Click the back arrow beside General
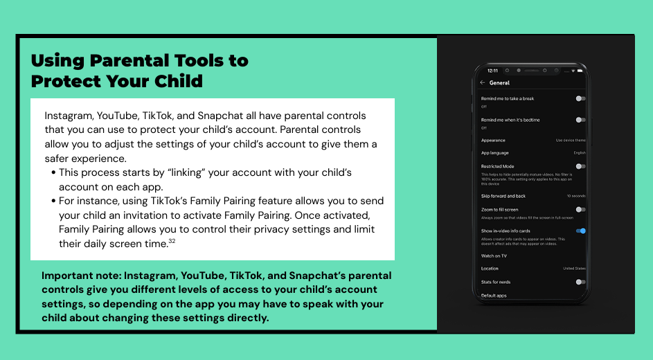tap(483, 83)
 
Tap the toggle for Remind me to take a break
tap(580, 98)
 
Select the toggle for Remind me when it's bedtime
tap(580, 120)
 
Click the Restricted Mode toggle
tap(580, 166)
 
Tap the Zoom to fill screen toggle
tap(580, 209)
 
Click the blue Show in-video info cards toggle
tap(581, 231)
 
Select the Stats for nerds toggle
tap(580, 282)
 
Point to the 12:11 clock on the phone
tap(492, 71)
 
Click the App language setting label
tap(495, 152)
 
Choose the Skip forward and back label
tap(503, 196)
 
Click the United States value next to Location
tap(575, 269)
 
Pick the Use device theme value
tap(571, 141)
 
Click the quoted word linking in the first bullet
tap(169, 172)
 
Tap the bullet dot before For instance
tap(53, 201)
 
